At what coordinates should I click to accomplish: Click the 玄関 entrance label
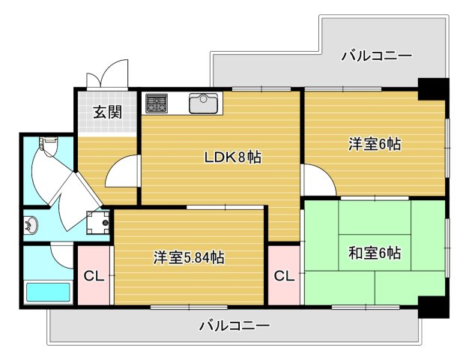(x=107, y=112)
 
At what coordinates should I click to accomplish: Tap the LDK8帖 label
(x=233, y=157)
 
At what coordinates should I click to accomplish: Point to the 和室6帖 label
(x=375, y=253)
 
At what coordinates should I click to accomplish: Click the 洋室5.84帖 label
(x=189, y=257)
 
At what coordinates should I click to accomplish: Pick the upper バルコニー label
(x=377, y=55)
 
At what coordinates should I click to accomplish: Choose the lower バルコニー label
(x=234, y=326)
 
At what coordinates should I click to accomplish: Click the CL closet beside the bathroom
(x=94, y=276)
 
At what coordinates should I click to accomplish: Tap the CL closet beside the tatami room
(x=283, y=276)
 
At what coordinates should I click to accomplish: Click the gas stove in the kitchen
(x=157, y=103)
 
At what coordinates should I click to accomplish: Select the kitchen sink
(x=203, y=103)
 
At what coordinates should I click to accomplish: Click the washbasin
(x=32, y=223)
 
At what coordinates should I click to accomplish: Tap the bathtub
(x=48, y=292)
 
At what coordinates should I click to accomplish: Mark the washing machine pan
(x=99, y=220)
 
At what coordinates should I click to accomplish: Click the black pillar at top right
(x=432, y=88)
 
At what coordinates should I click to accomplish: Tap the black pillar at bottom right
(x=432, y=306)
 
